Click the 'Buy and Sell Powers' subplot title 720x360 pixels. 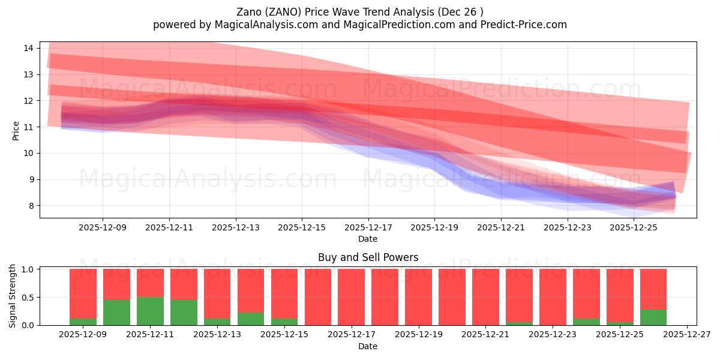pyautogui.click(x=368, y=257)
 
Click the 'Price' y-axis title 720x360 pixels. pyautogui.click(x=16, y=130)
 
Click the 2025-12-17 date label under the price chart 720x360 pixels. pyautogui.click(x=368, y=227)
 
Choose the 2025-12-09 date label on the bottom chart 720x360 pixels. pyautogui.click(x=83, y=335)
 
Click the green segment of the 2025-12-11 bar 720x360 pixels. pyautogui.click(x=150, y=311)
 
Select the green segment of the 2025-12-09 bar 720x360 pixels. pyautogui.click(x=83, y=322)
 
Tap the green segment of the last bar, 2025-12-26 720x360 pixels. pyautogui.click(x=653, y=317)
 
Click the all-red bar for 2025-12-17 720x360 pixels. pyautogui.click(x=351, y=297)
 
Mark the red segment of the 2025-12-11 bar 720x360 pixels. pyautogui.click(x=150, y=283)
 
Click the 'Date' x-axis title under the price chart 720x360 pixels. pyautogui.click(x=368, y=239)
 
